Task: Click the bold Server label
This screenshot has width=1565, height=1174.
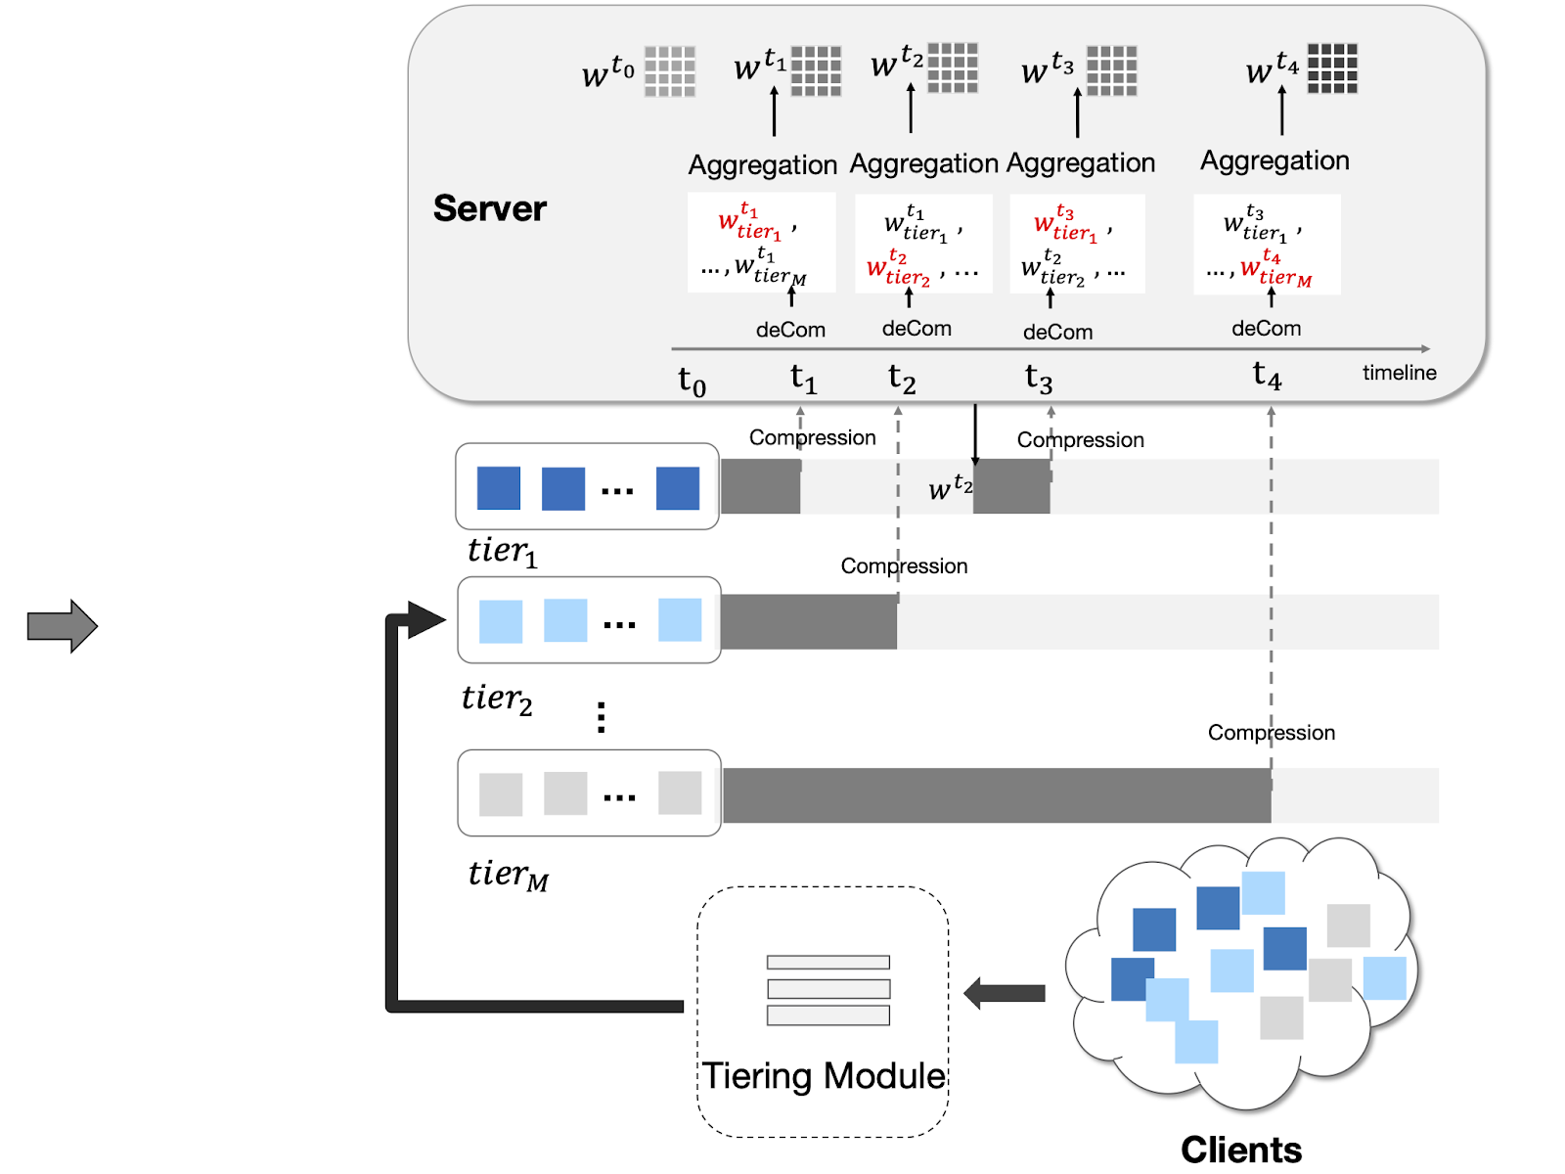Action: click(489, 208)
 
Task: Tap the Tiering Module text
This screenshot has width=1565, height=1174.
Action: click(824, 1076)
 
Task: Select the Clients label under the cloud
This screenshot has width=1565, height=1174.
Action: click(1240, 1150)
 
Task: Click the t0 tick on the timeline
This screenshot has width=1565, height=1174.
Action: click(692, 381)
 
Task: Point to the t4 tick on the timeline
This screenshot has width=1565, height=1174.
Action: click(1267, 375)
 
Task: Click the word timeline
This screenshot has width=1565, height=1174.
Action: click(1399, 373)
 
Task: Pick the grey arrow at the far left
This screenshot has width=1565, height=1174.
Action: click(62, 626)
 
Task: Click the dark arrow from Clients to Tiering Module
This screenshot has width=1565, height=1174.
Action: click(1005, 994)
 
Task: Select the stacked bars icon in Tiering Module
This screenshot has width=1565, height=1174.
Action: click(828, 990)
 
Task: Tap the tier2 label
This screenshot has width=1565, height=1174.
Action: click(497, 699)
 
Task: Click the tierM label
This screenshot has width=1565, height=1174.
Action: click(508, 874)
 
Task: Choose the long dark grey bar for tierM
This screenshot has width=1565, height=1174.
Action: click(996, 795)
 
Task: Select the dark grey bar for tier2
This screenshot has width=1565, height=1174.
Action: click(808, 622)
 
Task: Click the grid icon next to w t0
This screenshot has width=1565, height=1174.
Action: click(670, 71)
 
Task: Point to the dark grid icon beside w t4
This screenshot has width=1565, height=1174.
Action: click(1332, 68)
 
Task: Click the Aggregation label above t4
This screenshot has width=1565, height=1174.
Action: click(1274, 160)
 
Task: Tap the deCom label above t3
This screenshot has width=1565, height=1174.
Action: click(1057, 333)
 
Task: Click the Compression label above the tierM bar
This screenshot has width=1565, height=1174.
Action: click(1271, 733)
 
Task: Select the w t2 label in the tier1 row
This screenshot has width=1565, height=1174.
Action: click(950, 486)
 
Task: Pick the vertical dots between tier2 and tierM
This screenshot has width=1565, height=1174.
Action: click(601, 717)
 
